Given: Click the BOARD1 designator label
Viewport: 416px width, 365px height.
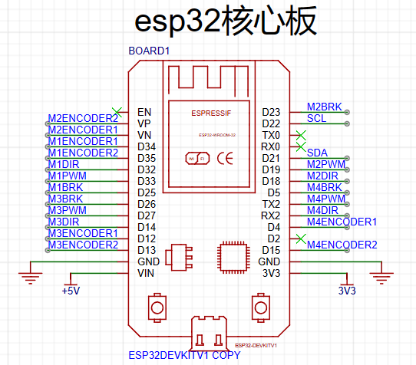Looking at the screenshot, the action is tap(149, 51).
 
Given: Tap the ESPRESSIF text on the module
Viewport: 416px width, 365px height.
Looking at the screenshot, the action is tap(211, 113).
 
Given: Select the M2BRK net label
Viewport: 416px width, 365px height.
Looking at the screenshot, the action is tap(324, 107).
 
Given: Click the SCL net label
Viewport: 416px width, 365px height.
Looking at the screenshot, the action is tap(316, 119).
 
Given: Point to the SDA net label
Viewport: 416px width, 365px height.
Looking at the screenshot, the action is tap(317, 153).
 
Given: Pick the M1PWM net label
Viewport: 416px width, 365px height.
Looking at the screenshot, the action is tap(68, 176).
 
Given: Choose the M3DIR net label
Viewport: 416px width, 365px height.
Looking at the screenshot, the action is tap(64, 222).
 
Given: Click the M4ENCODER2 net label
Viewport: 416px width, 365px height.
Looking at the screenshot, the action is tap(342, 245).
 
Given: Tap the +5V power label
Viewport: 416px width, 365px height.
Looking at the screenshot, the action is tap(71, 291).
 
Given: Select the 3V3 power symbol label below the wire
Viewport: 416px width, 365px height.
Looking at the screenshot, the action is tap(347, 291).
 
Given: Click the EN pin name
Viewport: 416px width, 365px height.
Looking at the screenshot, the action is tap(144, 112).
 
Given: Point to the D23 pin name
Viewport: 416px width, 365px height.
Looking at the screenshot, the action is tap(271, 112).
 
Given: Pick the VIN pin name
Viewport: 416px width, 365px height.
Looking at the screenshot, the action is tap(146, 273).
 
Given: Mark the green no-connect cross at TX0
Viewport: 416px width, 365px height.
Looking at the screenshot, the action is tap(301, 135).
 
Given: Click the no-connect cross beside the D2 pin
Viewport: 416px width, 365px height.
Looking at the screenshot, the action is tap(301, 238).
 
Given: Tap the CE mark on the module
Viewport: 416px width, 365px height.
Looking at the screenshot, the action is tap(225, 159).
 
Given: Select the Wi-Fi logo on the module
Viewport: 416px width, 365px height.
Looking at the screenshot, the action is tap(197, 159).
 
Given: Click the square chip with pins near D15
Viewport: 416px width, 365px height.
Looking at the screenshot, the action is tap(234, 258).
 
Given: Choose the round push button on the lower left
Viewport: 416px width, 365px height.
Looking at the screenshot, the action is tap(157, 307).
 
